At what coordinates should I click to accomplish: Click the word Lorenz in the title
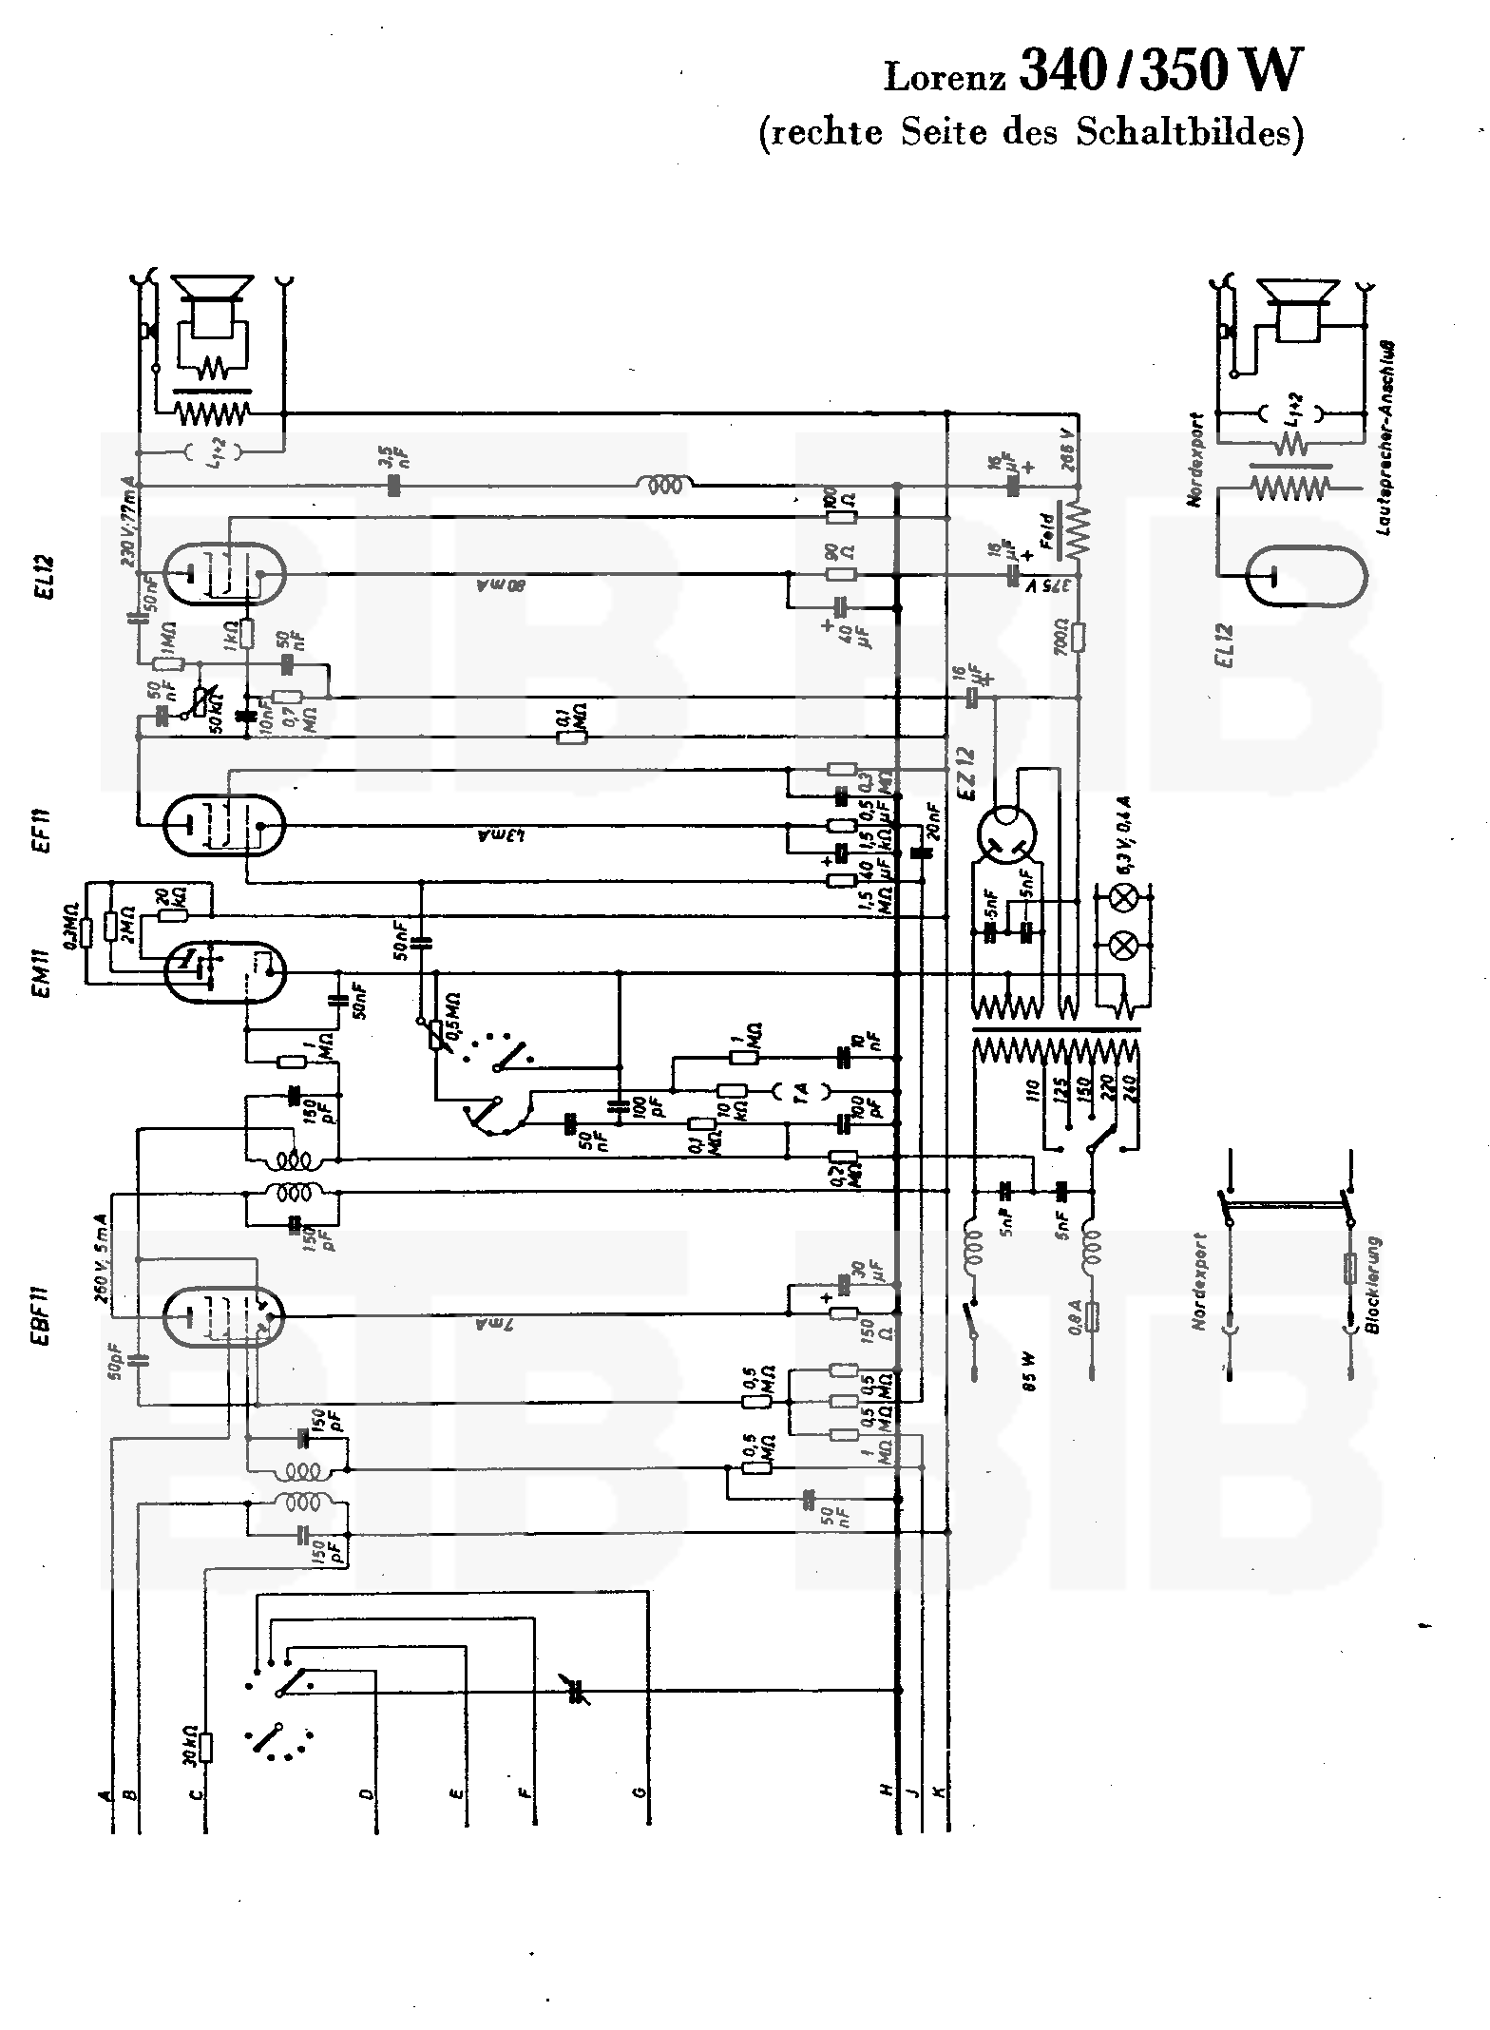[945, 77]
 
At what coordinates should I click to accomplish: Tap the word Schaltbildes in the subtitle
[1189, 132]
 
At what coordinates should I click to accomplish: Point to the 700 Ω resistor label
[1062, 635]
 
